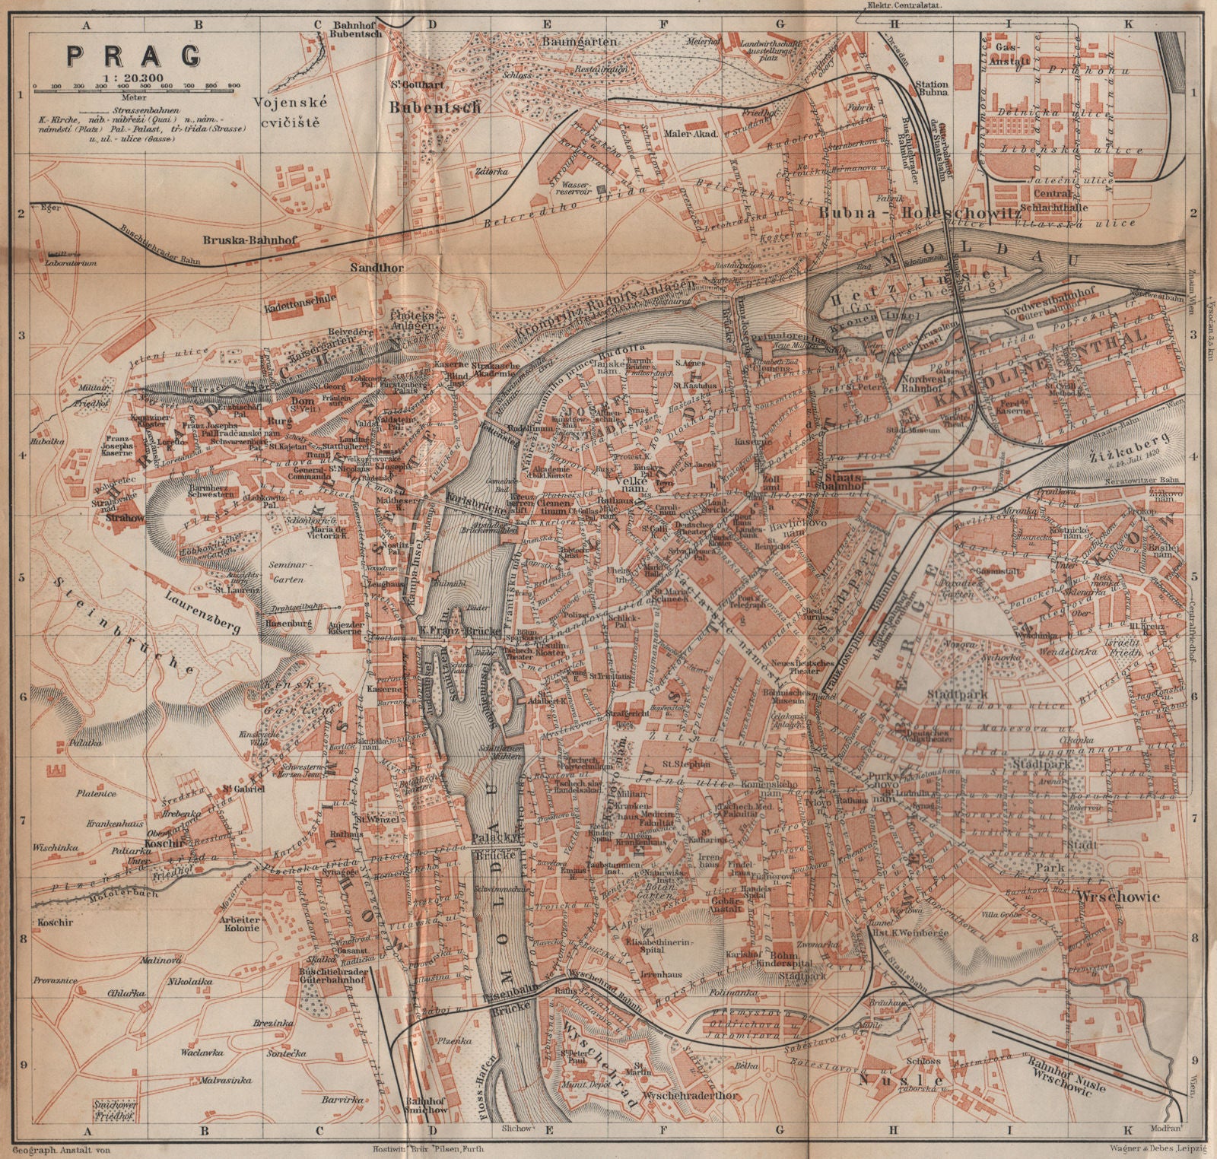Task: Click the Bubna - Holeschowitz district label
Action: (x=919, y=214)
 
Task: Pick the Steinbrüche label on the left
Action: (x=126, y=620)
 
